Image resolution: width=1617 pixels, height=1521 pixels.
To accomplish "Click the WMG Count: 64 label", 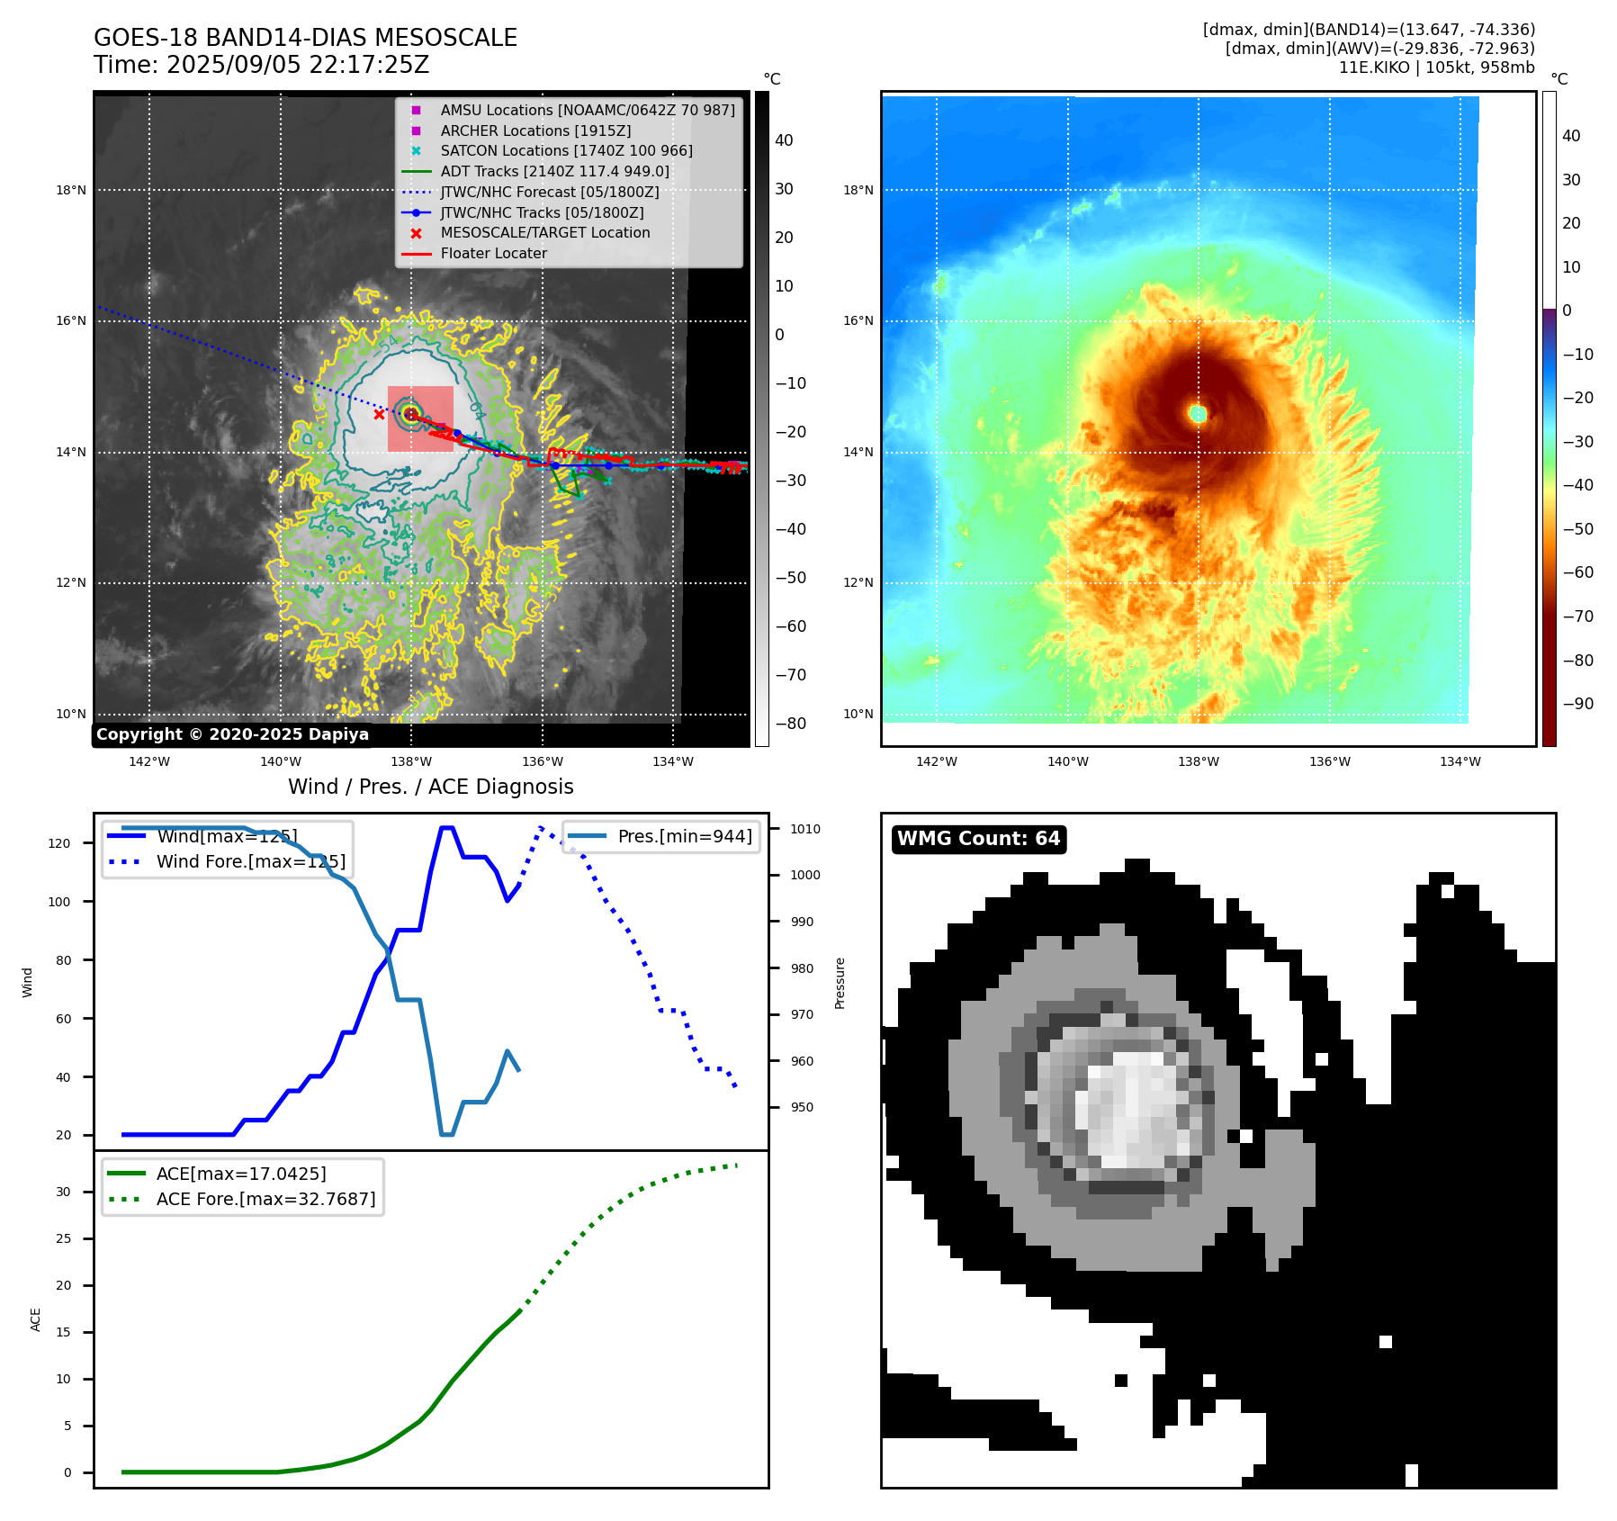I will click(x=978, y=839).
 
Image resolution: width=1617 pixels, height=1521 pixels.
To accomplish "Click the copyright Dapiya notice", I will click(x=232, y=734).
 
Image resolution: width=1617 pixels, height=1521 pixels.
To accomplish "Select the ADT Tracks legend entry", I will click(x=554, y=171).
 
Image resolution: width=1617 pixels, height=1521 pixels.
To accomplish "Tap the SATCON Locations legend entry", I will click(x=566, y=150).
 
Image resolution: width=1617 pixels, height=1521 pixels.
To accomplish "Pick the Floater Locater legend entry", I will click(x=493, y=253).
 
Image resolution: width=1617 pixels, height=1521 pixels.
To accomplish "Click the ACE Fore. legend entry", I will click(x=265, y=1199).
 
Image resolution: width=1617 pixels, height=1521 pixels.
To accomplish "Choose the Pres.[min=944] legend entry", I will click(x=684, y=836).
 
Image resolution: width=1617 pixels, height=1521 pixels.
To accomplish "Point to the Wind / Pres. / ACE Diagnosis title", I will click(x=430, y=787).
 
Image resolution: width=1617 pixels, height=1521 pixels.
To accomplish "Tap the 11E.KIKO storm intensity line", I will click(x=1436, y=67).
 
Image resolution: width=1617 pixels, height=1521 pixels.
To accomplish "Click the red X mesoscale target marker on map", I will click(x=379, y=415).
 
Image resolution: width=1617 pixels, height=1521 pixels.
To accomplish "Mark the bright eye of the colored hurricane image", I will click(x=1198, y=414).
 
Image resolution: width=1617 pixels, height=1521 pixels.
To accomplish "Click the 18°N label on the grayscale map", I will click(x=71, y=190).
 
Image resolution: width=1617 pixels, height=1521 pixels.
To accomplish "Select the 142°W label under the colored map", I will click(x=936, y=761).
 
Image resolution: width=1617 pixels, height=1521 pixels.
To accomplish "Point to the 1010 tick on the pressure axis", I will click(x=805, y=829).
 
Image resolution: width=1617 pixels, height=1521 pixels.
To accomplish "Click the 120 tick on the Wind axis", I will click(x=59, y=843).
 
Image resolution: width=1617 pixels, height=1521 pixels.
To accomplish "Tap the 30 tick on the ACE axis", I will click(x=63, y=1192).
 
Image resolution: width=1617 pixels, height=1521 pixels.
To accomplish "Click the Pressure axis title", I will click(x=840, y=983).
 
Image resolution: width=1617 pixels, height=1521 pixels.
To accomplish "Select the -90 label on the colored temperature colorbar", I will click(x=1577, y=704).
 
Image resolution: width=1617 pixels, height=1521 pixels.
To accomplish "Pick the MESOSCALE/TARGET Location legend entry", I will click(x=544, y=232).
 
